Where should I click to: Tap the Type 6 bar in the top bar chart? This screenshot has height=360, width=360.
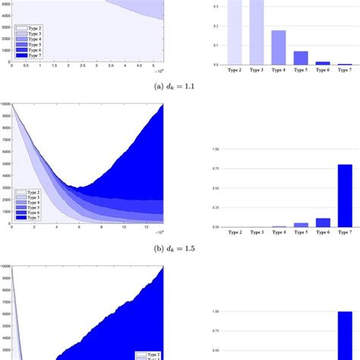pos(323,63)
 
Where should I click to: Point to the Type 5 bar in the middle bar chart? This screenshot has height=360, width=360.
pos(301,225)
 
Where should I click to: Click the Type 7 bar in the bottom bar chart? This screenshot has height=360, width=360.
pos(345,334)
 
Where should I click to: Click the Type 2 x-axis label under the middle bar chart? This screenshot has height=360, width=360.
pos(235,232)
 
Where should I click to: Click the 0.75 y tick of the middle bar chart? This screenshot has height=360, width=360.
pos(215,170)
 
